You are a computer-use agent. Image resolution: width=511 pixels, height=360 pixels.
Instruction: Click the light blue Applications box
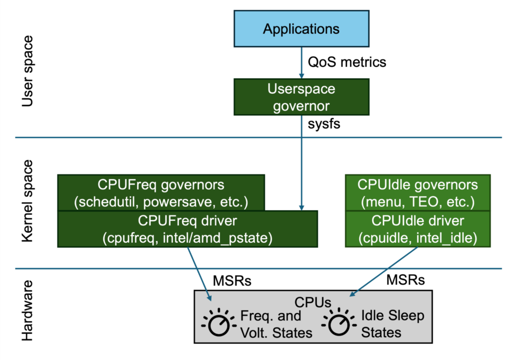[301, 28]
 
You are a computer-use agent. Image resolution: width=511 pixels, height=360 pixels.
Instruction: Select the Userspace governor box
[301, 98]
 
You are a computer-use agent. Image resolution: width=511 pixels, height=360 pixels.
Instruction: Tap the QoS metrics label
[347, 62]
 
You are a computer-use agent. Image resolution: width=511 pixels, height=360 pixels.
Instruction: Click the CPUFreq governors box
[161, 192]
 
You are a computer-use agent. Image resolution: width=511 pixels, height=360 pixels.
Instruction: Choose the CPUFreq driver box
[187, 229]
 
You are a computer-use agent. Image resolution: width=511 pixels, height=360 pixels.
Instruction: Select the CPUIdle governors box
[417, 192]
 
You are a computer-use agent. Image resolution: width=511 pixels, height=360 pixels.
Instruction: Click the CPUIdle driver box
[417, 229]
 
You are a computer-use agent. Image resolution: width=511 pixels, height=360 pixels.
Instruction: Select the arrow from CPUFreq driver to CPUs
[200, 273]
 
